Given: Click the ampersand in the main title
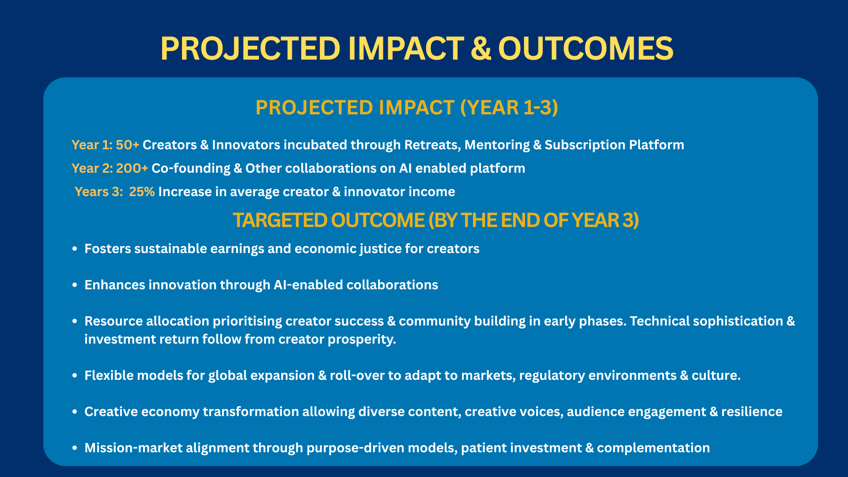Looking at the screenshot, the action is click(481, 48).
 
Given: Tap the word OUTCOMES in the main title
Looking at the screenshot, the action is click(586, 48).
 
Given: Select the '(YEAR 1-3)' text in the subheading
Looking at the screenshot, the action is click(509, 108).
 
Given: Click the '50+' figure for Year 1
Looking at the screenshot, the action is click(128, 145).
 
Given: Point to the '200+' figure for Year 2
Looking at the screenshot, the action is click(132, 168).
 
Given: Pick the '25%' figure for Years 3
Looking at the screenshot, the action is click(142, 192).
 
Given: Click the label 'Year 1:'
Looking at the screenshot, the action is click(92, 145).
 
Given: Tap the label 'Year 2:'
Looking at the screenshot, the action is click(92, 168).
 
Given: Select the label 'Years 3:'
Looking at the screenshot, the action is click(99, 192).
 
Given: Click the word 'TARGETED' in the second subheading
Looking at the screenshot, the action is click(280, 220).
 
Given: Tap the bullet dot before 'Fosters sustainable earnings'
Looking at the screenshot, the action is click(75, 249).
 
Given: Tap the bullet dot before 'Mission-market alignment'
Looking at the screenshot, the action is click(75, 448).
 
